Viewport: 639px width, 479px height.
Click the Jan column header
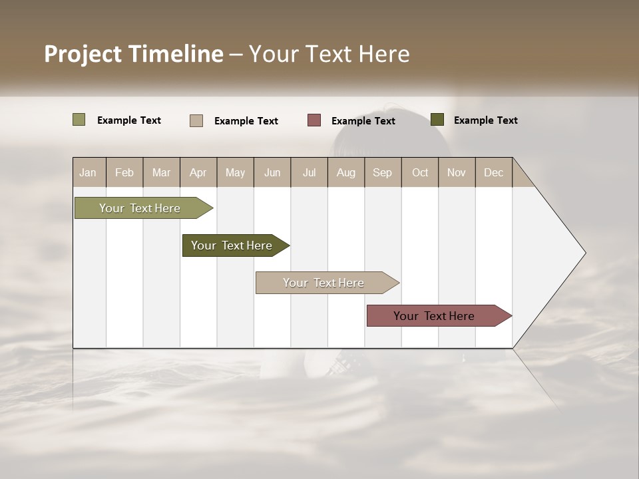[89, 172]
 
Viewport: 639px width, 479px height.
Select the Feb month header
[124, 172]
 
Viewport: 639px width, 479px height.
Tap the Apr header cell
[198, 172]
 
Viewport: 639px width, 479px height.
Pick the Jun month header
[272, 172]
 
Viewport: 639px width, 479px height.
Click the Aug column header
[346, 172]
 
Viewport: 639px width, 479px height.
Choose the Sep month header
[383, 172]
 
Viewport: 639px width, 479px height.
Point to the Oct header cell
[420, 172]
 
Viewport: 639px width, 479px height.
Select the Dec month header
[494, 172]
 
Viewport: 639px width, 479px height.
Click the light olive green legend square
[79, 120]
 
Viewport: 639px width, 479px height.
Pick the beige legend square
[196, 120]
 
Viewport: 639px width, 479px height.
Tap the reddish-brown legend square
[314, 120]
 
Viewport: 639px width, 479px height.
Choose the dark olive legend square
[437, 120]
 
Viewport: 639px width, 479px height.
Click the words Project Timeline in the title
[134, 54]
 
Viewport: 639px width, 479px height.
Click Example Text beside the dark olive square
[485, 120]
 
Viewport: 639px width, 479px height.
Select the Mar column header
[161, 172]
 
